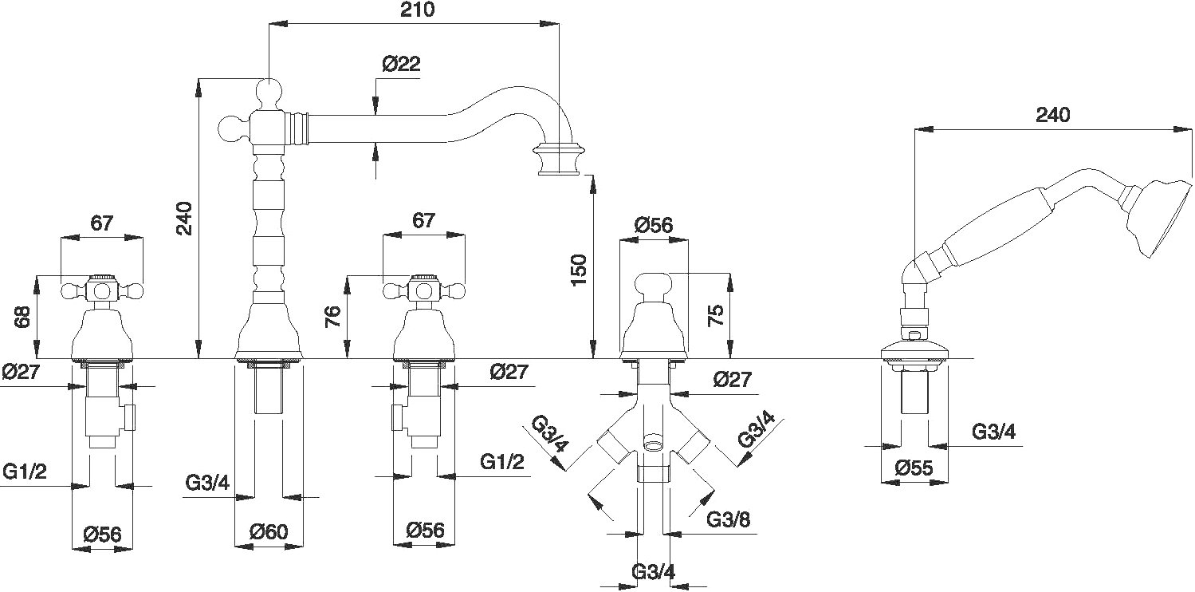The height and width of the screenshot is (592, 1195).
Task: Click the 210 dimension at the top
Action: pyautogui.click(x=417, y=10)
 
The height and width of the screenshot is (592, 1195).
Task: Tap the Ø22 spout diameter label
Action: pyautogui.click(x=401, y=64)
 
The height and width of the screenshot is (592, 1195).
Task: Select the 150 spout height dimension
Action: pyautogui.click(x=578, y=270)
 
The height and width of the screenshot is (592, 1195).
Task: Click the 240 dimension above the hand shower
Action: pyautogui.click(x=1052, y=115)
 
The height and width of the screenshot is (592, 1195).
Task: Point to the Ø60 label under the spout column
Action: pyautogui.click(x=269, y=531)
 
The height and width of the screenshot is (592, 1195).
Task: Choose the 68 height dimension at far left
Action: pyautogui.click(x=22, y=317)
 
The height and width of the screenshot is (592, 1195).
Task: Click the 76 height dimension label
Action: pyautogui.click(x=332, y=317)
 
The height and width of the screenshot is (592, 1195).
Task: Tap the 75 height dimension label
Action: pyautogui.click(x=715, y=315)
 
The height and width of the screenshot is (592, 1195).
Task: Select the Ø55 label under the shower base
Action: pyautogui.click(x=914, y=468)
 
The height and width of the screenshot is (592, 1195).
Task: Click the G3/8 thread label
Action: pyautogui.click(x=728, y=519)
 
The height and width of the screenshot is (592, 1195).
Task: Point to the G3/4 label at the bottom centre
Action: pyautogui.click(x=653, y=573)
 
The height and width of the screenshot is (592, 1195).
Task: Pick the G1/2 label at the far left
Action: pyautogui.click(x=25, y=472)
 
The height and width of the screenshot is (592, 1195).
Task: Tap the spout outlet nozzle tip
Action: pyautogui.click(x=559, y=158)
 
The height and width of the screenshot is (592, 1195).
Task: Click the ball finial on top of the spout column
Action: pyautogui.click(x=269, y=93)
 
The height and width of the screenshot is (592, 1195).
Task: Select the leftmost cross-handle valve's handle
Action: pyautogui.click(x=101, y=290)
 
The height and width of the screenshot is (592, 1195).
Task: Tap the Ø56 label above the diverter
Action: pyautogui.click(x=654, y=226)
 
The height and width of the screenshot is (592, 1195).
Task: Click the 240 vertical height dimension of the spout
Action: pyautogui.click(x=184, y=219)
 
